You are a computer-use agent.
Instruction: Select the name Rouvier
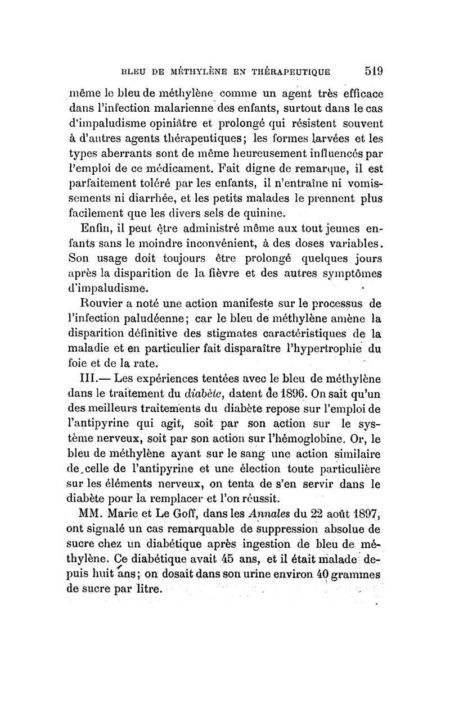click(98, 304)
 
